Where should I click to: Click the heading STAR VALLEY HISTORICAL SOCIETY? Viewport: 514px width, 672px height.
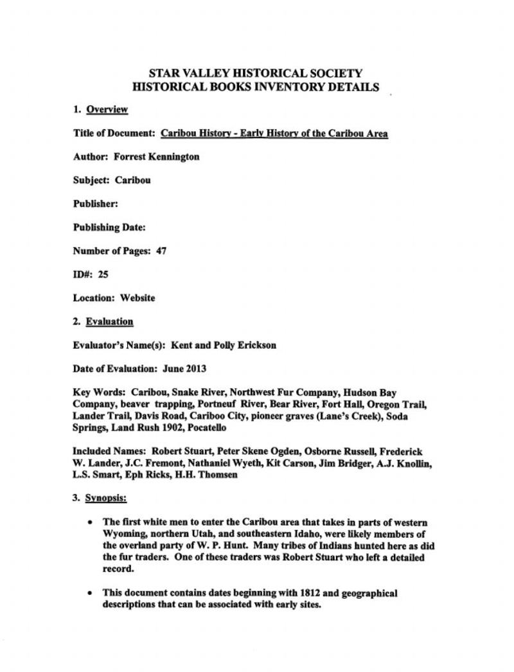(x=255, y=73)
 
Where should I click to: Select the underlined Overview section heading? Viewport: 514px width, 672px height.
(x=107, y=109)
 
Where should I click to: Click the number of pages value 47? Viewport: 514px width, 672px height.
(x=161, y=251)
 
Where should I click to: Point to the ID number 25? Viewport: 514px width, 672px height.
(x=103, y=274)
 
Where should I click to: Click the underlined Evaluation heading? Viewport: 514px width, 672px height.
(x=109, y=321)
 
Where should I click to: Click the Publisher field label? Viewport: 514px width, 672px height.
(x=95, y=204)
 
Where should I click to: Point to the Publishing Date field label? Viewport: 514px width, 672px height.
(x=109, y=227)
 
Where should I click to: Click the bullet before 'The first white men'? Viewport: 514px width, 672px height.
(x=91, y=522)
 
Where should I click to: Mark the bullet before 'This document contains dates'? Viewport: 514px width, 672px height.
(x=91, y=593)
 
